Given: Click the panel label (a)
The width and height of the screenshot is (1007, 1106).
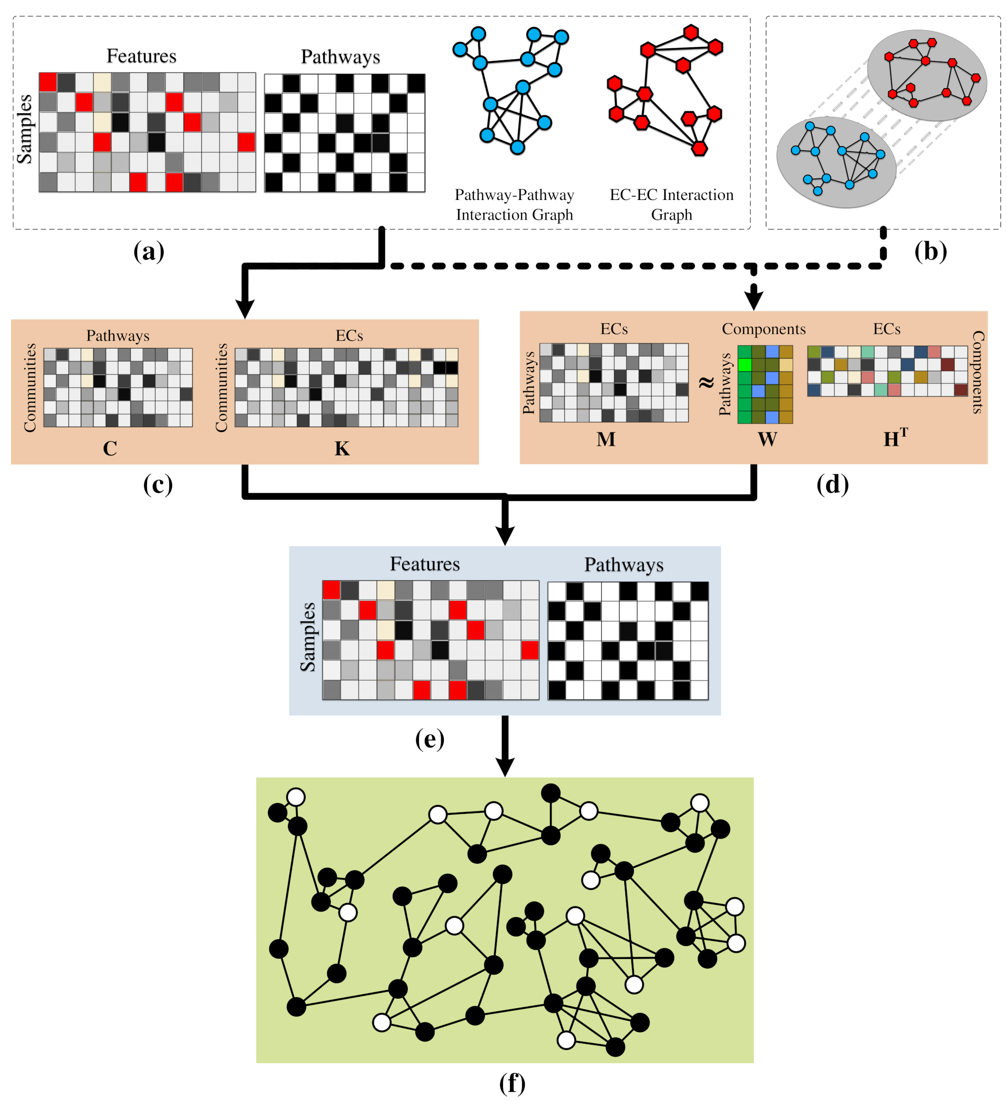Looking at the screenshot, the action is [x=149, y=252].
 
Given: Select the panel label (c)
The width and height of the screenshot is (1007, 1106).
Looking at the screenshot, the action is [x=158, y=485].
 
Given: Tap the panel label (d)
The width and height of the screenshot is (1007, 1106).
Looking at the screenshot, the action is [x=832, y=485].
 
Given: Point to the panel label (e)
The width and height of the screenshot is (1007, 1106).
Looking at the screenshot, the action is [x=429, y=739].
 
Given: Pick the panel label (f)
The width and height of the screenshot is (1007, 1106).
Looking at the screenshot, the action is [x=512, y=1083].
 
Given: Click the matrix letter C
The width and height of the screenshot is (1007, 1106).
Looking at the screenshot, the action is [x=110, y=449].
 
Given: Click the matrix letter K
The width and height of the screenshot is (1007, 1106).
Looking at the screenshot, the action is [x=342, y=449].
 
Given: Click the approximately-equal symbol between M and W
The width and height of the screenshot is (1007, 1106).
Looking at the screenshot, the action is [x=706, y=382].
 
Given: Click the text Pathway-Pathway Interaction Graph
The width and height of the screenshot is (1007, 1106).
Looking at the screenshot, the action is [x=514, y=204].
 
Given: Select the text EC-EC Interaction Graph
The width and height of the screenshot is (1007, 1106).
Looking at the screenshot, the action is [x=671, y=204].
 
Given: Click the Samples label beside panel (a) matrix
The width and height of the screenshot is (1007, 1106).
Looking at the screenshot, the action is [x=24, y=129].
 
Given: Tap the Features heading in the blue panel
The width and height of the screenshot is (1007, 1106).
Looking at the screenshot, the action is [x=424, y=564].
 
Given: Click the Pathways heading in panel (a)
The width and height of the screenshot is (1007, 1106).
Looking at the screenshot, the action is [x=340, y=56].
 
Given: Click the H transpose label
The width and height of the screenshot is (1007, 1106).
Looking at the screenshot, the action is [x=895, y=438].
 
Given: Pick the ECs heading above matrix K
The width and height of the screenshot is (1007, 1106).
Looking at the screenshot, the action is [x=349, y=335].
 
